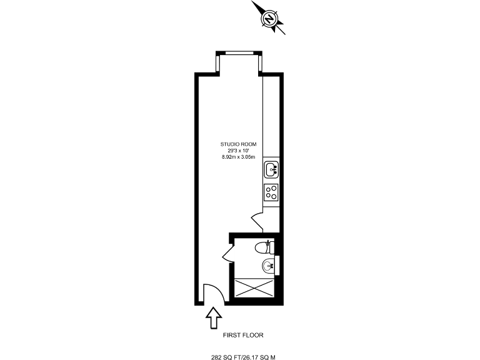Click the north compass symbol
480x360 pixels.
click(x=269, y=19)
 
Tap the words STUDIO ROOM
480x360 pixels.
click(x=238, y=144)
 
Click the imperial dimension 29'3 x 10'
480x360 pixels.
click(x=238, y=151)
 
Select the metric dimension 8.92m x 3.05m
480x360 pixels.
click(x=238, y=157)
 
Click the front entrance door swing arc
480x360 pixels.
click(x=211, y=293)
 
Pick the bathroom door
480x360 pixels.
click(x=227, y=252)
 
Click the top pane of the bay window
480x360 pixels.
click(x=239, y=52)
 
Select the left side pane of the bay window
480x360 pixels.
click(x=218, y=64)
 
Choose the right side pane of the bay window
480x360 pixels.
click(x=261, y=64)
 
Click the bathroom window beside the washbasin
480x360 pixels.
click(x=277, y=265)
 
